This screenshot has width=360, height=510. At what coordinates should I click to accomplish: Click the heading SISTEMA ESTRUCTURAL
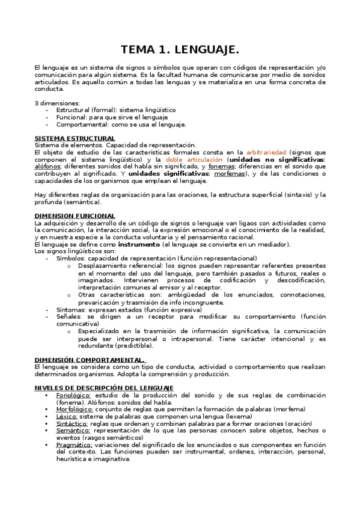point(75,138)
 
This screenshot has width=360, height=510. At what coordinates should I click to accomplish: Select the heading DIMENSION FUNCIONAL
point(75,215)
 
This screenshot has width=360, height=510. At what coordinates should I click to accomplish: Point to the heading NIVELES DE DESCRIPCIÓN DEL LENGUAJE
point(104,388)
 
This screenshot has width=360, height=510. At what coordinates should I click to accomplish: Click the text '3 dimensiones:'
point(57,103)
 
